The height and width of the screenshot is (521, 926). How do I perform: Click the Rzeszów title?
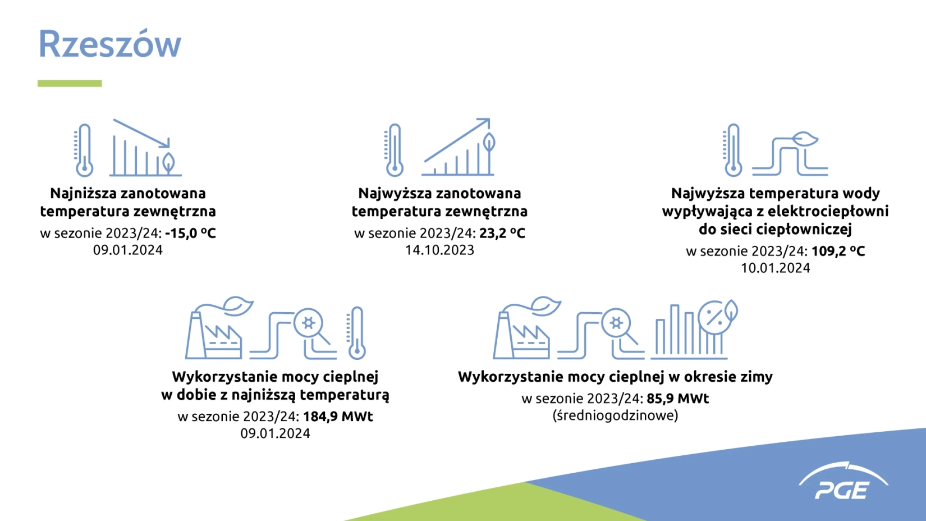tap(109, 43)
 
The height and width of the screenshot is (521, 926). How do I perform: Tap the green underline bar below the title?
tap(70, 84)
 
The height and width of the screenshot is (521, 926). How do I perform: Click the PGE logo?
tap(843, 482)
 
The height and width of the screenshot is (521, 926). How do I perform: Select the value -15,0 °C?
tap(190, 233)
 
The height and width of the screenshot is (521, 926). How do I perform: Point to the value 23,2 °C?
tap(502, 233)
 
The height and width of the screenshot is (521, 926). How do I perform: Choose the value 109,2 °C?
tap(838, 250)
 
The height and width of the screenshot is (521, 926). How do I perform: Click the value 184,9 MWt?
tap(338, 416)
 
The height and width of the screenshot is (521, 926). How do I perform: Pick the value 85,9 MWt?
tap(678, 398)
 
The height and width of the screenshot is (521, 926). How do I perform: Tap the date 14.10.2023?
tap(439, 250)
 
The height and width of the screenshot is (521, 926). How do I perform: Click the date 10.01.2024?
tap(776, 268)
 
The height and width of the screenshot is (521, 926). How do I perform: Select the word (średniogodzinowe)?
tap(616, 415)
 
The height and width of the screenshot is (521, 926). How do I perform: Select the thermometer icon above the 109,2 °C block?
tap(733, 150)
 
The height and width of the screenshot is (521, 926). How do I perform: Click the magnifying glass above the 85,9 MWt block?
tap(619, 327)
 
